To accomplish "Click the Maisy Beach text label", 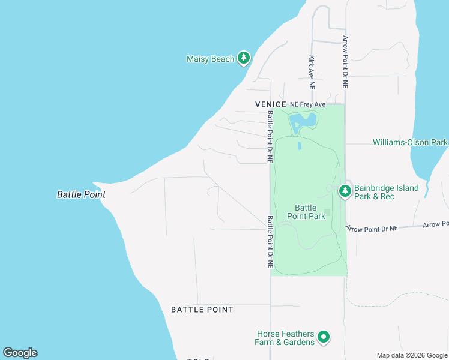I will pos(210,59).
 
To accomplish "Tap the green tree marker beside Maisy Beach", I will pos(243,58).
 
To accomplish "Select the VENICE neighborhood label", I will pos(271,104).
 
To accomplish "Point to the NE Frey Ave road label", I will pos(307,104).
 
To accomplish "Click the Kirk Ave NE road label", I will pos(312,68).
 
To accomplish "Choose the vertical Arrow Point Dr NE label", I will pos(345,62).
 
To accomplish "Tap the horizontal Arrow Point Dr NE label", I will pos(372,228).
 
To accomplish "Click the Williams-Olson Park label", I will pos(411,143).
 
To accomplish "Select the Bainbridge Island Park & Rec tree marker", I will pos(345,191).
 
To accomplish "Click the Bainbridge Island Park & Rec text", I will pos(386,192).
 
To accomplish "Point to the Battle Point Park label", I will pos(306,212).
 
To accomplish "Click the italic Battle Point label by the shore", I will pos(81,194).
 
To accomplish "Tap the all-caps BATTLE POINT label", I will pos(202,310).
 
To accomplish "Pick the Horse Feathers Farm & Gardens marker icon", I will pos(324,337).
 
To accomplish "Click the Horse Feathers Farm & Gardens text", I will pos(285,338).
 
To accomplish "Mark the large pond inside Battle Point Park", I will pos(302,123).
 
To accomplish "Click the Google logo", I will pos(20,352).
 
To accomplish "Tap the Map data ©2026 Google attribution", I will pos(412,355).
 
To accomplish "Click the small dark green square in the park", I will pos(327,213).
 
